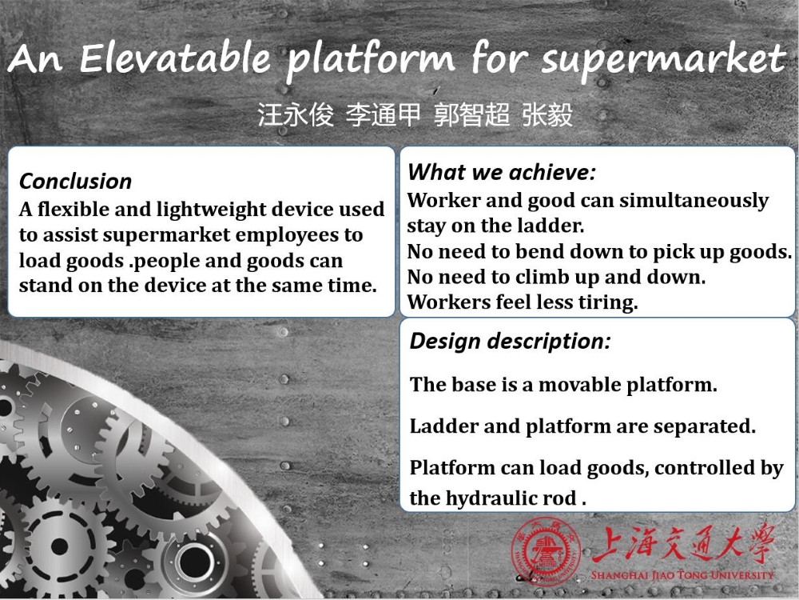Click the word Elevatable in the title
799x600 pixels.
(x=175, y=58)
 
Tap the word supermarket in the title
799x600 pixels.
(x=664, y=60)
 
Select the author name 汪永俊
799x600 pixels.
(x=295, y=114)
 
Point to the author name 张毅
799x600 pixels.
(x=547, y=114)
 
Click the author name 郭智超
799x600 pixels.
(x=471, y=114)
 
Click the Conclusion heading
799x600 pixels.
(x=75, y=181)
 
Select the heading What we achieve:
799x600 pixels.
(x=502, y=172)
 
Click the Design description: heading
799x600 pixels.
(x=510, y=341)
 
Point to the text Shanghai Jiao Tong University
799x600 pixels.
(x=682, y=575)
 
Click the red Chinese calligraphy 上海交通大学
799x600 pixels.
(x=683, y=544)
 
